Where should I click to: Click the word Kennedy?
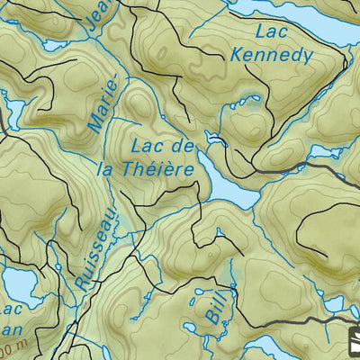271,55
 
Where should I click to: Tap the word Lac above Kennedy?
271,31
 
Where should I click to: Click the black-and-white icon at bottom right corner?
352,342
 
